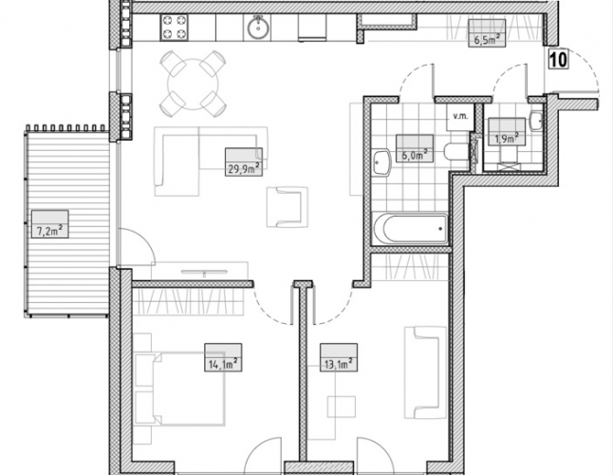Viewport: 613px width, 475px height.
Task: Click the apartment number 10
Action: [558, 60]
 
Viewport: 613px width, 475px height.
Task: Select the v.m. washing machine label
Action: [460, 116]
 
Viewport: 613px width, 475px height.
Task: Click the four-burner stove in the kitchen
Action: [174, 28]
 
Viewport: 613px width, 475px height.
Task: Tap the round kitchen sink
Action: [258, 28]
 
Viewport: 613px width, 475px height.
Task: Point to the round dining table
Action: [193, 84]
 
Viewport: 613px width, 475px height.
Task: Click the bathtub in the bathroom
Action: [411, 229]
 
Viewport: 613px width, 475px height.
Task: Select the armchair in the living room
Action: [288, 207]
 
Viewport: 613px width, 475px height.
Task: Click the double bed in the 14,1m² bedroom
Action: [180, 389]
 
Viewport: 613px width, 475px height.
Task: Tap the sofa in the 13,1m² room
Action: [425, 373]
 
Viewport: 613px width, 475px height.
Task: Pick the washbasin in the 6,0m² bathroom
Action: [382, 162]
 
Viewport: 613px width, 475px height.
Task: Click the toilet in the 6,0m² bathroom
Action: [456, 151]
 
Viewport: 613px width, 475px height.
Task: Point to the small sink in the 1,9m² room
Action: [537, 121]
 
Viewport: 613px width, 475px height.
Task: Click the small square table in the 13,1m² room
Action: [342, 407]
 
